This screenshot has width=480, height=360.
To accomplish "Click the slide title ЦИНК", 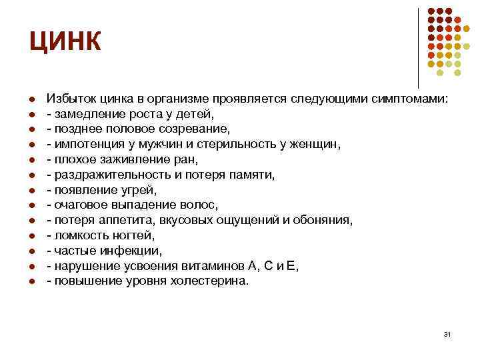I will point(65,41).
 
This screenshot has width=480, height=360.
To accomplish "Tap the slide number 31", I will point(447,333).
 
